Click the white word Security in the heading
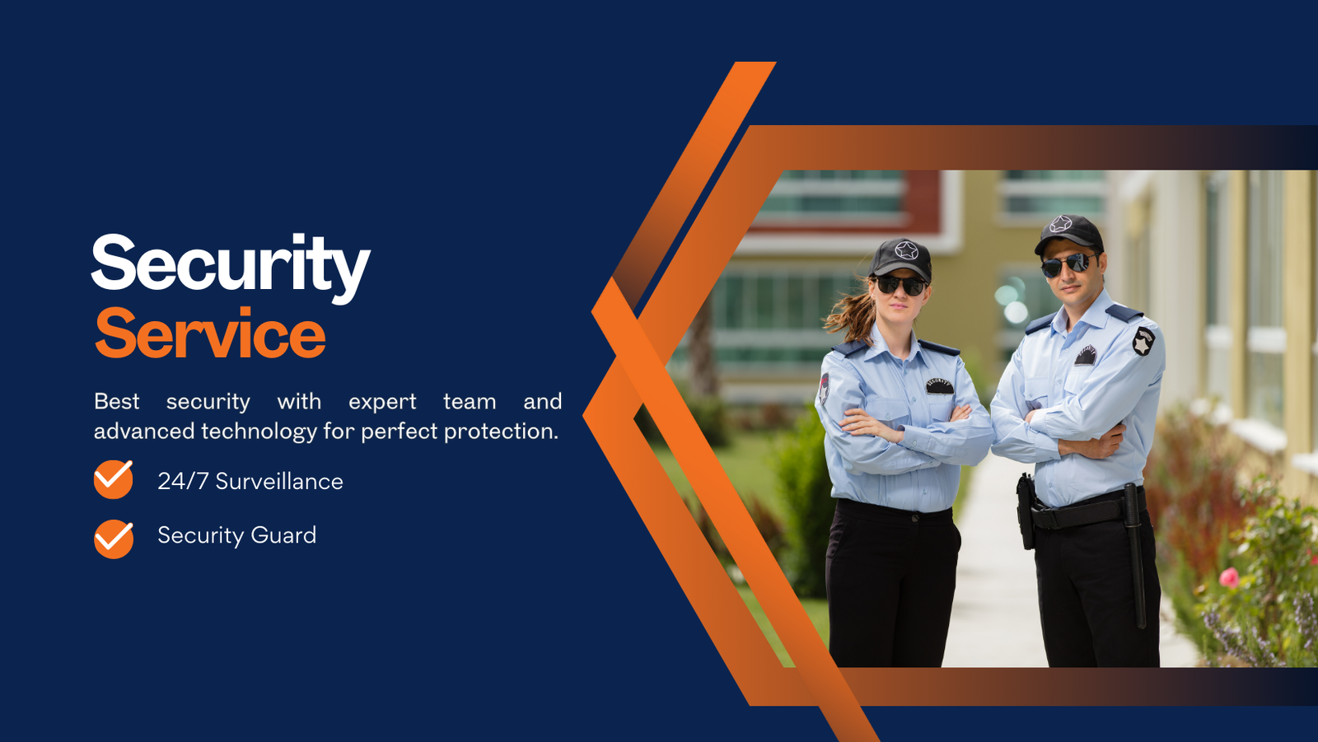[231, 268]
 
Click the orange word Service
[210, 333]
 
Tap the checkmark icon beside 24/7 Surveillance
[113, 479]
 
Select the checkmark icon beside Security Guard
[113, 539]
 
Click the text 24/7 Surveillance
[250, 482]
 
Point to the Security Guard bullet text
[236, 535]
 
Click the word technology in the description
[259, 432]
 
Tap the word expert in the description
[382, 403]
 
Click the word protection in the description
[501, 432]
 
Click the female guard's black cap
[901, 258]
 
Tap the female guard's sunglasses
[900, 286]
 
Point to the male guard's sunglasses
[1068, 264]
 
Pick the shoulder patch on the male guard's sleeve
[1144, 341]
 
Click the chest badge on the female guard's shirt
[940, 386]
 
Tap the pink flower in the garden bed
[1228, 578]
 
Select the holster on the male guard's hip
[1026, 511]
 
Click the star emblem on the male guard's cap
[1060, 224]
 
